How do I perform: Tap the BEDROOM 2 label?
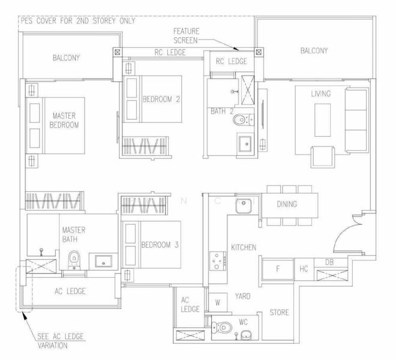coord(161,100)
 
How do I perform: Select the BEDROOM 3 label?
coord(158,245)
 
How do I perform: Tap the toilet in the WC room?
coord(223,328)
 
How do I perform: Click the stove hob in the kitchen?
coord(216,260)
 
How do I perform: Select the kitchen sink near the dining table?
coord(243,206)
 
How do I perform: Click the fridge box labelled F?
coord(277,269)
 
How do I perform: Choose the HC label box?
coord(304,269)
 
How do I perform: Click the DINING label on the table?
coord(286,205)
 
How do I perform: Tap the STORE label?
coord(279,313)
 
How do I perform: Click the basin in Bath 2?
coord(245,144)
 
